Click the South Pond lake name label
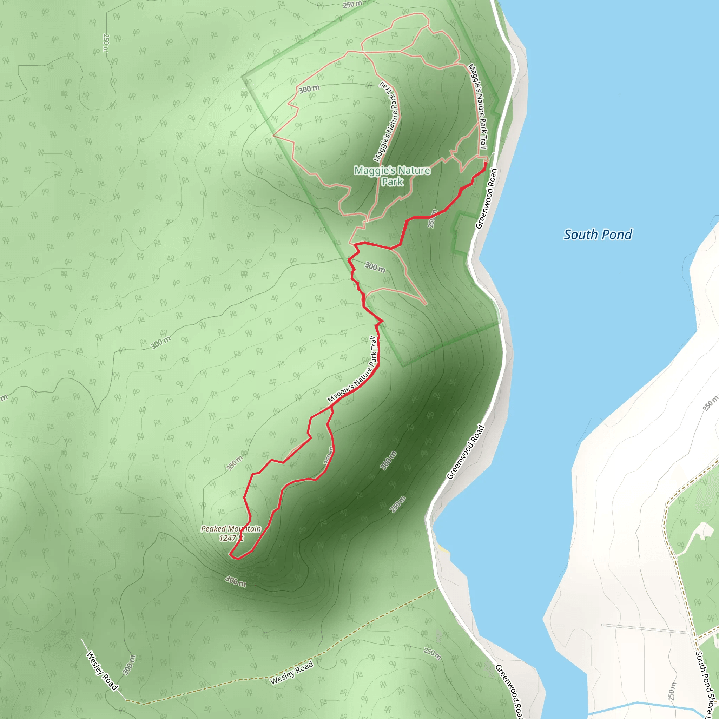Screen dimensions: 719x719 click(x=598, y=235)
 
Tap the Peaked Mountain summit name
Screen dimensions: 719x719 click(x=231, y=529)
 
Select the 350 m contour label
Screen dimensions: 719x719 click(x=235, y=463)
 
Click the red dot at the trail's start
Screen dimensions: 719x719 click(x=485, y=163)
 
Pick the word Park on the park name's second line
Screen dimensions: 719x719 click(x=392, y=182)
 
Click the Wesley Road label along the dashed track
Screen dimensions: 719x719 click(x=291, y=673)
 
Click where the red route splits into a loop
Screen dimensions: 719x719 click(x=331, y=407)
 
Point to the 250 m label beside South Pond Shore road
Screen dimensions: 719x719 click(x=672, y=692)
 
